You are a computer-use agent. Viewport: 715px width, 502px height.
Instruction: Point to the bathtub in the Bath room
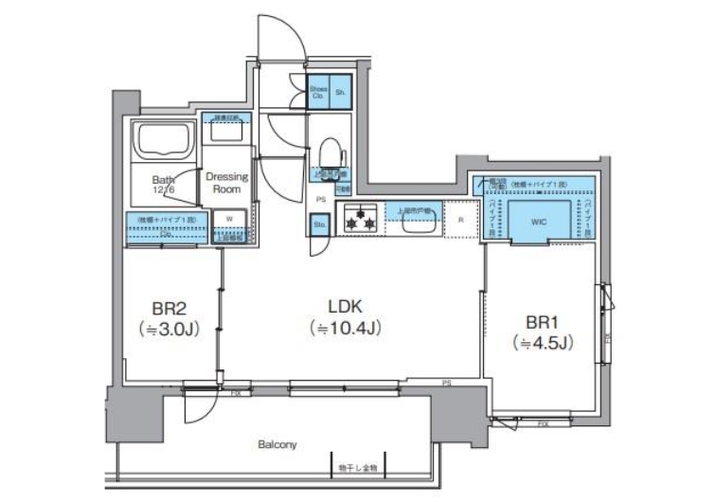[163, 141]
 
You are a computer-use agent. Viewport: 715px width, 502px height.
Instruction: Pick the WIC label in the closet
[538, 223]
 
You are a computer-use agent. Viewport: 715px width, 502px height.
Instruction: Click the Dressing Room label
[227, 183]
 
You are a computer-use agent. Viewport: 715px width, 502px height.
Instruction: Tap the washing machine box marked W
[228, 218]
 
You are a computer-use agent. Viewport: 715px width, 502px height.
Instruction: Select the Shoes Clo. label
[318, 92]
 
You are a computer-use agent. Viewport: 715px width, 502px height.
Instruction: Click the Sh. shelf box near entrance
[339, 92]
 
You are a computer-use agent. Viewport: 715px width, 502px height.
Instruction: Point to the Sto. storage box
[318, 225]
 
